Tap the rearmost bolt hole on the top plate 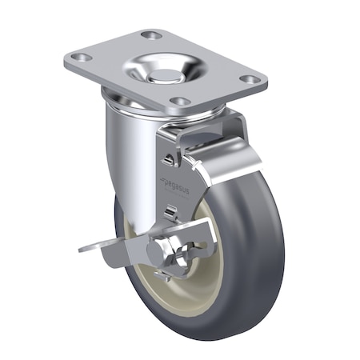pos(150,35)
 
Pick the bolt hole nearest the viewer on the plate pos(180,101)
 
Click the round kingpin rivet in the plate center pos(165,75)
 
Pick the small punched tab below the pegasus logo pos(171,211)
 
